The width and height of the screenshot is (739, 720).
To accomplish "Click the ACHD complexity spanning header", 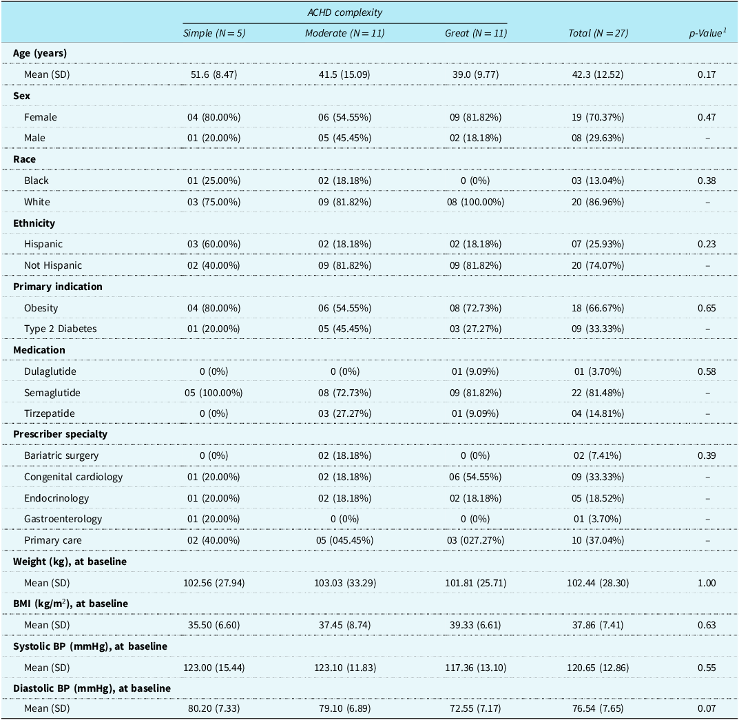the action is pos(344,12).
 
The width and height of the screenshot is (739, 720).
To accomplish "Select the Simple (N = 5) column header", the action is pos(214,33).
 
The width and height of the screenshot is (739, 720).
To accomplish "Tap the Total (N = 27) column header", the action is pos(598,33).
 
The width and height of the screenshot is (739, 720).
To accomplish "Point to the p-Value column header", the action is pos(707,33).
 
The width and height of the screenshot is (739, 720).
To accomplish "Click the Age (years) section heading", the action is pos(40,53).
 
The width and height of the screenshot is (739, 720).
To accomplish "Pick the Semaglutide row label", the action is pos(52,393).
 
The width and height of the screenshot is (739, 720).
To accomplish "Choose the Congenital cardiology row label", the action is pos(74,477).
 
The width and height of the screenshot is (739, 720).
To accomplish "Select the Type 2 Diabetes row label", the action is pos(61,329).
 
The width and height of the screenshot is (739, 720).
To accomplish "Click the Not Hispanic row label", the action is pos(53,265).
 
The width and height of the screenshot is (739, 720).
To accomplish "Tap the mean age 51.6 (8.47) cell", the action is pos(214,74).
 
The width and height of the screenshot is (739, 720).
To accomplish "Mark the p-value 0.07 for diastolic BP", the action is pos(707,709).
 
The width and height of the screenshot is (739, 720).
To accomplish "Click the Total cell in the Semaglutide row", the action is pos(598,393).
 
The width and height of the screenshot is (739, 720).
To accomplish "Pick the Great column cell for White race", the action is pos(475,202).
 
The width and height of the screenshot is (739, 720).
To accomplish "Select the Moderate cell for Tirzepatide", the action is pos(344,413).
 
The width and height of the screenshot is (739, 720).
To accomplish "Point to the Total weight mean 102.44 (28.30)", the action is pos(598,584).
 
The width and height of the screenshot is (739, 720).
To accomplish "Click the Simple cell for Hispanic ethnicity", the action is pos(214,244).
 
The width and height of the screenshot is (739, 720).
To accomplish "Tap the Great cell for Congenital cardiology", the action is pos(475,477).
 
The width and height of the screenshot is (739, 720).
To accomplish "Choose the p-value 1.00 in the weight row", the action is pos(707,584).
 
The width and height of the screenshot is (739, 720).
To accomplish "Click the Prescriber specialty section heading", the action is pos(61,434).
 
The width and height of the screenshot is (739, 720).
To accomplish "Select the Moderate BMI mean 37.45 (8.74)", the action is pos(344,625).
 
